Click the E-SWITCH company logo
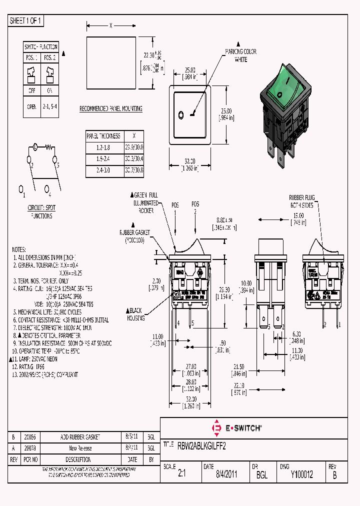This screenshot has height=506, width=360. pos(237,428)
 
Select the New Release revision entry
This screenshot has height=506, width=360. pos(80,448)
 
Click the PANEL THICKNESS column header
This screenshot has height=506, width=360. pos(103,135)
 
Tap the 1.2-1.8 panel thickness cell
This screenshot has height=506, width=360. pos(103,147)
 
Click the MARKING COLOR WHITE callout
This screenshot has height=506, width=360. pos(240,55)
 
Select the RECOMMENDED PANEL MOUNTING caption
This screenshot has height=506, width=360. pos(111,108)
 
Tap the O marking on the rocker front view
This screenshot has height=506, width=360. pos(180,115)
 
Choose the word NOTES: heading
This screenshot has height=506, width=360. pos(18,248)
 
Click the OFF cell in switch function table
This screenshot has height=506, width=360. pos(31,90)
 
